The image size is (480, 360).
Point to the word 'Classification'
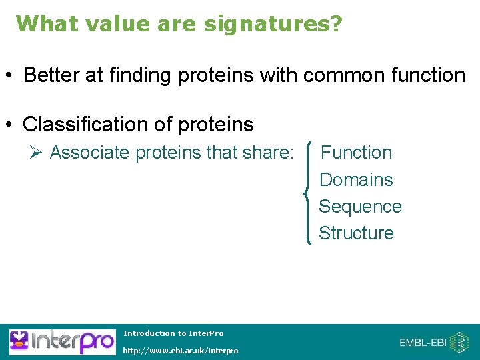(x=82, y=125)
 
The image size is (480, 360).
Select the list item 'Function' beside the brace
(x=357, y=153)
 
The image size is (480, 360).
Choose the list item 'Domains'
(x=357, y=180)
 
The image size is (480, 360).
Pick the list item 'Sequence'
(x=360, y=207)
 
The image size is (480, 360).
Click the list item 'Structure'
(x=357, y=233)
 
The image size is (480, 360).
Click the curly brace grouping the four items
(x=308, y=193)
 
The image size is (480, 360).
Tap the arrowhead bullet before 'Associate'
(x=37, y=153)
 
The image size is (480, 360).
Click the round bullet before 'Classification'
(x=10, y=125)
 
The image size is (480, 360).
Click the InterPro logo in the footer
(x=61, y=342)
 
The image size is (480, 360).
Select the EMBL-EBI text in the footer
(x=423, y=343)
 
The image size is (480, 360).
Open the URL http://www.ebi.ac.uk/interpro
(x=181, y=351)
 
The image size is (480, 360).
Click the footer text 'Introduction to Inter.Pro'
(x=174, y=333)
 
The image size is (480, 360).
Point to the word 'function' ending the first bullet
(x=427, y=75)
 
